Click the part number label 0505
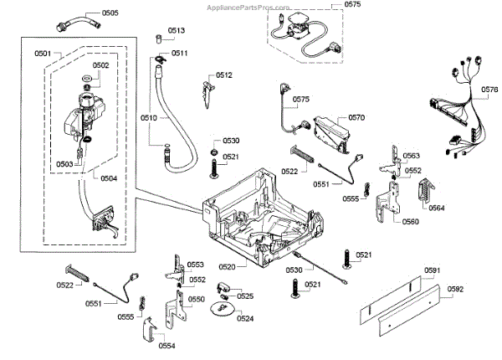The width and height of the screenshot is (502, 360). coord(110,13)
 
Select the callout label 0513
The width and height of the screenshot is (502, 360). coord(176,30)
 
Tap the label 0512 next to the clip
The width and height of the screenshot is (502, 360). coord(223,75)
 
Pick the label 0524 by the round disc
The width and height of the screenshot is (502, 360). coord(245,318)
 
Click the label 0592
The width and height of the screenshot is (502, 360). coord(455,290)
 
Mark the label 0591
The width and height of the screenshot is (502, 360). coord(432,270)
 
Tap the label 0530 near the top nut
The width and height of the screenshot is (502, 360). coord(230,141)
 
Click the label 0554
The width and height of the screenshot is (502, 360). coord(167,346)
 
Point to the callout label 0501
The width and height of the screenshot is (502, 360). coord(44,54)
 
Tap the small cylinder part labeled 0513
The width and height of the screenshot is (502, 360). coord(158,39)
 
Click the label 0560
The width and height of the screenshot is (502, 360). coord(411,222)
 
